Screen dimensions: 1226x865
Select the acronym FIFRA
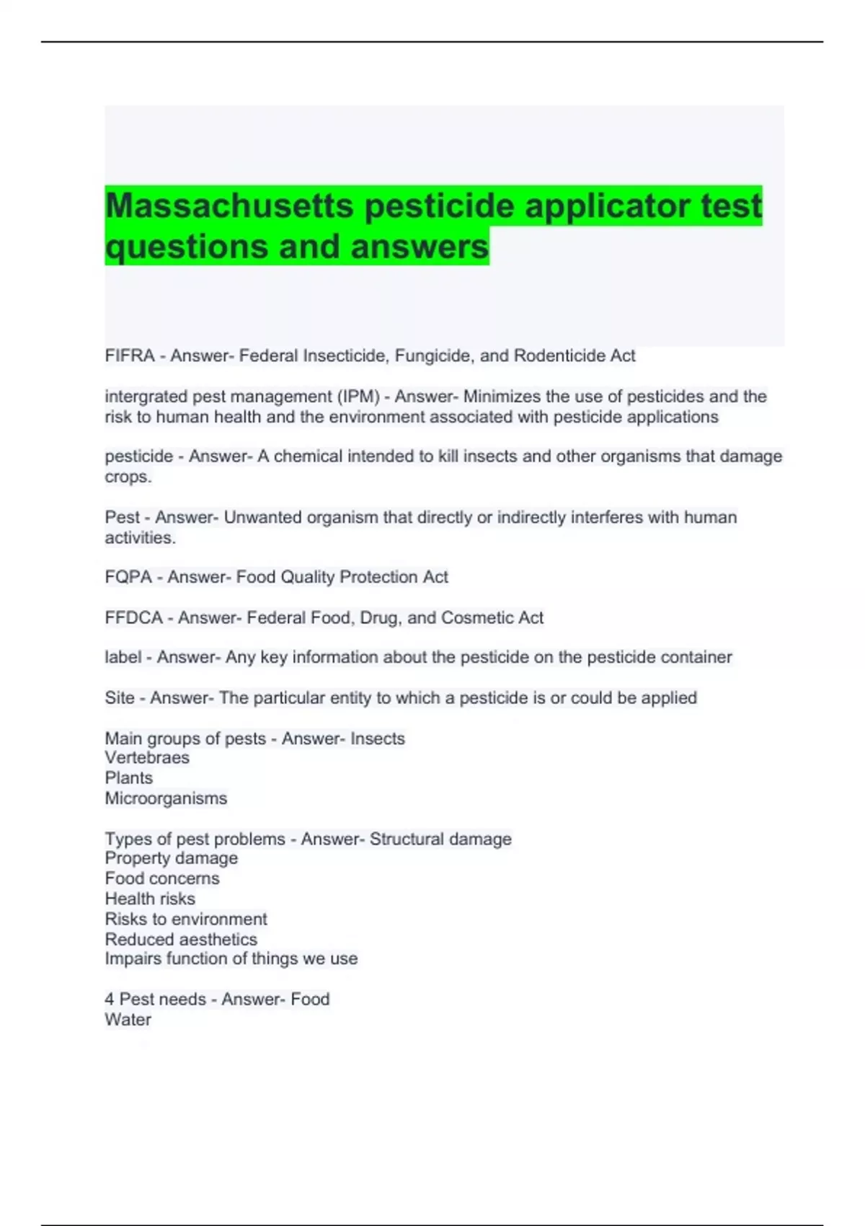point(130,356)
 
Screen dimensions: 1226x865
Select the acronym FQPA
point(128,577)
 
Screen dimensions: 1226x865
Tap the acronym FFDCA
point(133,618)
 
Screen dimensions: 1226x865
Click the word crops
point(128,477)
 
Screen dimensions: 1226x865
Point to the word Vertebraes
point(147,757)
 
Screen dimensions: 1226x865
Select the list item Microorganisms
point(166,798)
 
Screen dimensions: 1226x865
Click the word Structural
point(405,839)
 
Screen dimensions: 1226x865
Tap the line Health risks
point(150,899)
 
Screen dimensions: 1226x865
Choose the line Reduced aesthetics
point(181,939)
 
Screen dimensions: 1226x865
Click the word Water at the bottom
point(128,1020)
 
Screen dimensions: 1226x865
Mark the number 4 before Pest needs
point(110,999)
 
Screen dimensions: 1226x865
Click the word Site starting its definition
point(120,698)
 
